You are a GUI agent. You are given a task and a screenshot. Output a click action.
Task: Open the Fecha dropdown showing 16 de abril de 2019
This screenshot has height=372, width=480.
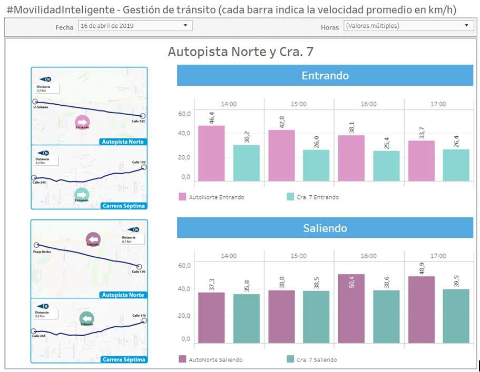[x=135, y=26]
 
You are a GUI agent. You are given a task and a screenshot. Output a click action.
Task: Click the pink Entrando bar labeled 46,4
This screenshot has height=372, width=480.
[x=211, y=153]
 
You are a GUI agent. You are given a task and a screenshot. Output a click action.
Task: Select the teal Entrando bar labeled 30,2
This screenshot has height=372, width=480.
[x=247, y=163]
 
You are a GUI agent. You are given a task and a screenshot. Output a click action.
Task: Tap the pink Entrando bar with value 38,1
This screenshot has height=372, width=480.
[x=351, y=158]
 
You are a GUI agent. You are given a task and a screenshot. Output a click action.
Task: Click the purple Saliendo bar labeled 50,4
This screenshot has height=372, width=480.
[x=351, y=308]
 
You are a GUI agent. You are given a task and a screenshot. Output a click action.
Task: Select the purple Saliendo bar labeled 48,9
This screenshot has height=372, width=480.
[x=421, y=309]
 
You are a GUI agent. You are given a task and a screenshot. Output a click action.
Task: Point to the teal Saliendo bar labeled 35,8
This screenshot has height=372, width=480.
[x=247, y=318]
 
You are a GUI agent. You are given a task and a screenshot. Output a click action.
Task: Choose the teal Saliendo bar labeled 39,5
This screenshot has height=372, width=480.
[x=456, y=316]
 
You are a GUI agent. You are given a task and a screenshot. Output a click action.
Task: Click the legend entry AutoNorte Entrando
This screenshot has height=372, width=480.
[x=211, y=197]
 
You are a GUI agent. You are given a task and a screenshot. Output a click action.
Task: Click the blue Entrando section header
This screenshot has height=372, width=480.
[x=325, y=76]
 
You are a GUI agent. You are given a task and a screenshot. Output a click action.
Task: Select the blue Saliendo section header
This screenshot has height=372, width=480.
[x=325, y=228]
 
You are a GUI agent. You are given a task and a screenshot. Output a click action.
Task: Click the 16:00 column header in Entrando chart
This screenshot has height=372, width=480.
[x=368, y=104]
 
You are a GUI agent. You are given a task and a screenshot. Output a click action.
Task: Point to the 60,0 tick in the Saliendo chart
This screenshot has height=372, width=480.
[x=184, y=266]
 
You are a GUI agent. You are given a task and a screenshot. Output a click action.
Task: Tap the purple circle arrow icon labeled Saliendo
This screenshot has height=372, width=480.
[x=93, y=239]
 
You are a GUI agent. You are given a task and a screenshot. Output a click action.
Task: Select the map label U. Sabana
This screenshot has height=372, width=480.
[x=41, y=107]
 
